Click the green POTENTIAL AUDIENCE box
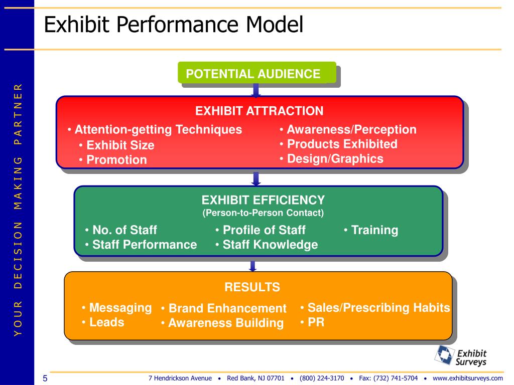(x=256, y=73)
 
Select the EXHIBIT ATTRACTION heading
(x=259, y=111)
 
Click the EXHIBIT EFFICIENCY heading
(x=263, y=200)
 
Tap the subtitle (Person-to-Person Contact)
(x=263, y=213)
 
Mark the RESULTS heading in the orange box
(x=252, y=287)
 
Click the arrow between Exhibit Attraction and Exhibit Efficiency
(x=256, y=178)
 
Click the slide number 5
(x=45, y=378)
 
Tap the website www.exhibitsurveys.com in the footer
(x=467, y=378)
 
